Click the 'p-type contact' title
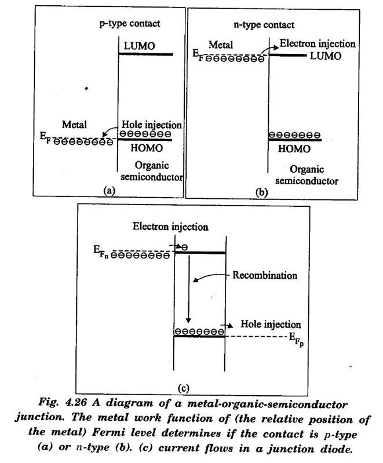click(130, 24)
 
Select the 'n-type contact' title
click(264, 25)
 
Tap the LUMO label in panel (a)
click(139, 46)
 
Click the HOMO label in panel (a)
click(147, 148)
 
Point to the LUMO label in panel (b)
click(326, 56)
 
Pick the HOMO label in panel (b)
click(294, 148)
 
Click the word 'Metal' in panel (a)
click(74, 125)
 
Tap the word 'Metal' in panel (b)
click(221, 45)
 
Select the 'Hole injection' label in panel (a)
click(152, 125)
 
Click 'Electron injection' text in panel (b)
click(318, 43)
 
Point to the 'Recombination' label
click(265, 275)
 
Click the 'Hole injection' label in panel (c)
click(271, 325)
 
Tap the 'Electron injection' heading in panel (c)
click(170, 227)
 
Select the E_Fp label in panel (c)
click(296, 339)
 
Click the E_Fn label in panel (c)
click(101, 252)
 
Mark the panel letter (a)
click(110, 191)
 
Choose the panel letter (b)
click(262, 192)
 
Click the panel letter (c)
click(183, 388)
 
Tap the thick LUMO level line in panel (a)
click(145, 54)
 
